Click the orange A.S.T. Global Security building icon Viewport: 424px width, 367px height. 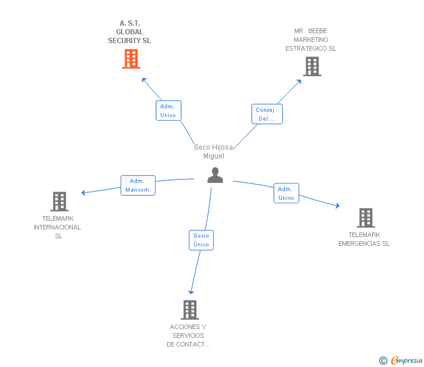coord(131,59)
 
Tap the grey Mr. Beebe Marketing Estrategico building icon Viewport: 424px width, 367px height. coord(312,66)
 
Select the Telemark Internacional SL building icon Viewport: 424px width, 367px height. coord(59,202)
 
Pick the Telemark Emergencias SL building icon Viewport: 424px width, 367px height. coord(366,218)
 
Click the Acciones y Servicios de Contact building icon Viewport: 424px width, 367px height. coord(190,310)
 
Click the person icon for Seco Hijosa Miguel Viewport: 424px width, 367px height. coord(215,175)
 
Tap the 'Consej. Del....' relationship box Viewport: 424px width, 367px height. coord(267,114)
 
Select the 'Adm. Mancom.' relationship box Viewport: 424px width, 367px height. coord(138,185)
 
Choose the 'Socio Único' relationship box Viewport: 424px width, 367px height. coord(202,240)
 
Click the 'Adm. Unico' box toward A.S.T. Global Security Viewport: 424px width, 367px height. coord(168,111)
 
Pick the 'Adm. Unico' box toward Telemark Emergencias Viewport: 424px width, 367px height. coord(286,193)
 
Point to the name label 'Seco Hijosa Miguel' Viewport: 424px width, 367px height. coord(213,151)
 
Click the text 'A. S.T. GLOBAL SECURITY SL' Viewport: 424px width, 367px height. coord(129,32)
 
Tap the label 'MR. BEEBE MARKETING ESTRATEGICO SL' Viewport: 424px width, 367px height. coord(310,40)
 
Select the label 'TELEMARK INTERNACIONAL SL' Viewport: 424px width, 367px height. coord(58,227)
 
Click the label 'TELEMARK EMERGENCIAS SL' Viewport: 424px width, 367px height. coord(364,239)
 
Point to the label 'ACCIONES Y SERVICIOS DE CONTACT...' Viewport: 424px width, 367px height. coord(188,336)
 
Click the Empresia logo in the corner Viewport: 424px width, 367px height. coord(401,360)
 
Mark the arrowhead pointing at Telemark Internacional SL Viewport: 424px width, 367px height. coord(84,192)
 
